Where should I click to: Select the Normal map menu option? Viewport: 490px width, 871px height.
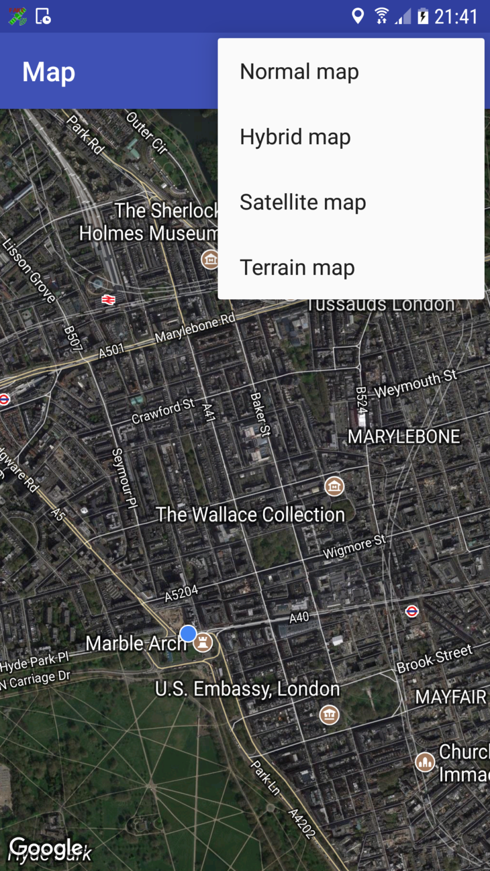(299, 72)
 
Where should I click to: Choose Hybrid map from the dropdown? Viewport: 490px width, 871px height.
(295, 137)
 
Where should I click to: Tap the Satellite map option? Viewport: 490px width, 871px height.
(303, 202)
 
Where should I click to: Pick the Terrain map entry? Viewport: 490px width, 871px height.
(297, 268)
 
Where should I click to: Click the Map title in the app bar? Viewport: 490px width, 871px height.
(49, 72)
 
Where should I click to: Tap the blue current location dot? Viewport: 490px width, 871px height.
(188, 633)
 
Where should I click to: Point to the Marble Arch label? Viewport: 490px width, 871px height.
(135, 643)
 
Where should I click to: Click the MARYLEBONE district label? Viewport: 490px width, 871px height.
(404, 436)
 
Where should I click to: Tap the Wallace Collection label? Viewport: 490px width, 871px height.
(250, 515)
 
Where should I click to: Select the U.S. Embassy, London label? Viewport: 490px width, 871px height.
(247, 689)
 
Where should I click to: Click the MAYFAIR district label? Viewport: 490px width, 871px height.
(450, 697)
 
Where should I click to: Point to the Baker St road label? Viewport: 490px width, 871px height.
(260, 414)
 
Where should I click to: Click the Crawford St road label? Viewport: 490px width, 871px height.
(163, 411)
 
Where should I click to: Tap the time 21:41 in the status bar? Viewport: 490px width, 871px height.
(456, 16)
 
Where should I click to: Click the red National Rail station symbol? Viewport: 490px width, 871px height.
(108, 299)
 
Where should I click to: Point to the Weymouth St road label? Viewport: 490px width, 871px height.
(415, 384)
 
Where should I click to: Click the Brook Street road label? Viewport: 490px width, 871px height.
(434, 659)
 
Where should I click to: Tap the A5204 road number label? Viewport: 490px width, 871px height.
(181, 593)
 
